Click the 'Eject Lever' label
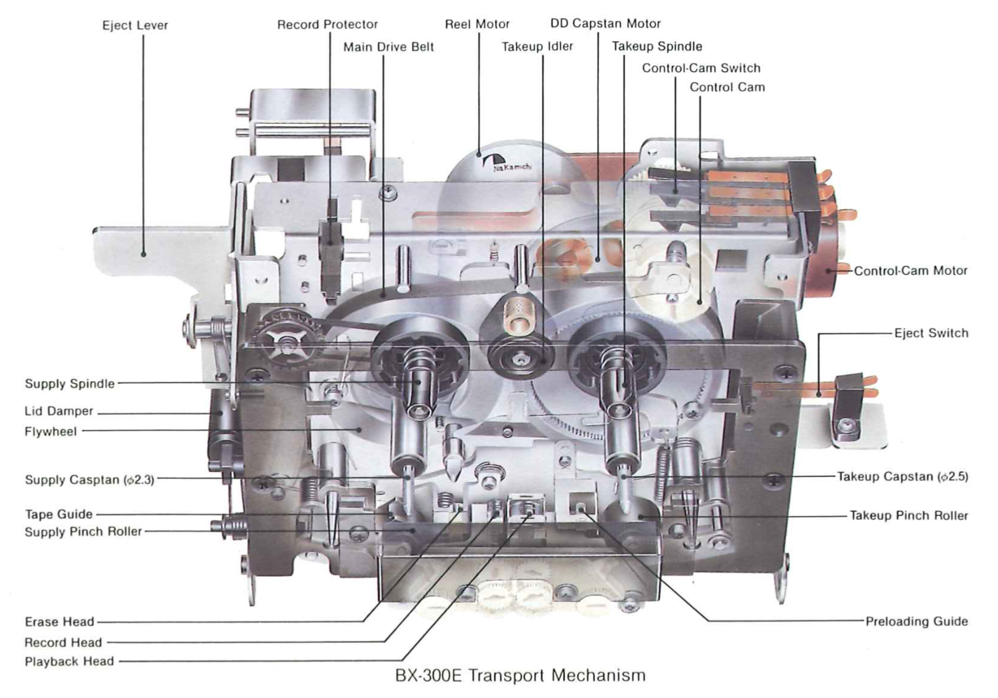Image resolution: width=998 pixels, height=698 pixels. coord(135,25)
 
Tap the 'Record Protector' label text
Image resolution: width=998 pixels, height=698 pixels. coord(328,24)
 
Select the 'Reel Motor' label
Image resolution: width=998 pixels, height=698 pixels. coord(477,24)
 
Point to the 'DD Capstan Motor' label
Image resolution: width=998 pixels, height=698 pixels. coord(605,24)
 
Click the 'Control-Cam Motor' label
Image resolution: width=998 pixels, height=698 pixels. coord(911,271)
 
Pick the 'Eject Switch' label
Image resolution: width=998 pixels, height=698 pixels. coord(932,333)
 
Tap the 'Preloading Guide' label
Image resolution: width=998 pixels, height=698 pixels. coord(917,622)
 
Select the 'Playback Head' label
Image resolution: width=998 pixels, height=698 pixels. coord(69,662)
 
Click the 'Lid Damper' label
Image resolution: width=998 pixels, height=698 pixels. coord(59,411)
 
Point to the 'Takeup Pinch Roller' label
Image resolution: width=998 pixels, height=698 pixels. coord(909,515)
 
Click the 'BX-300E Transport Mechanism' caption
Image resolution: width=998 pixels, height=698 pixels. coord(521,676)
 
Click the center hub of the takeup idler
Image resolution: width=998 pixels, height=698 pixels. coord(519,359)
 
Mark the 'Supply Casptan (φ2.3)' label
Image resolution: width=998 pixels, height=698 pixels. coord(90,480)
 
